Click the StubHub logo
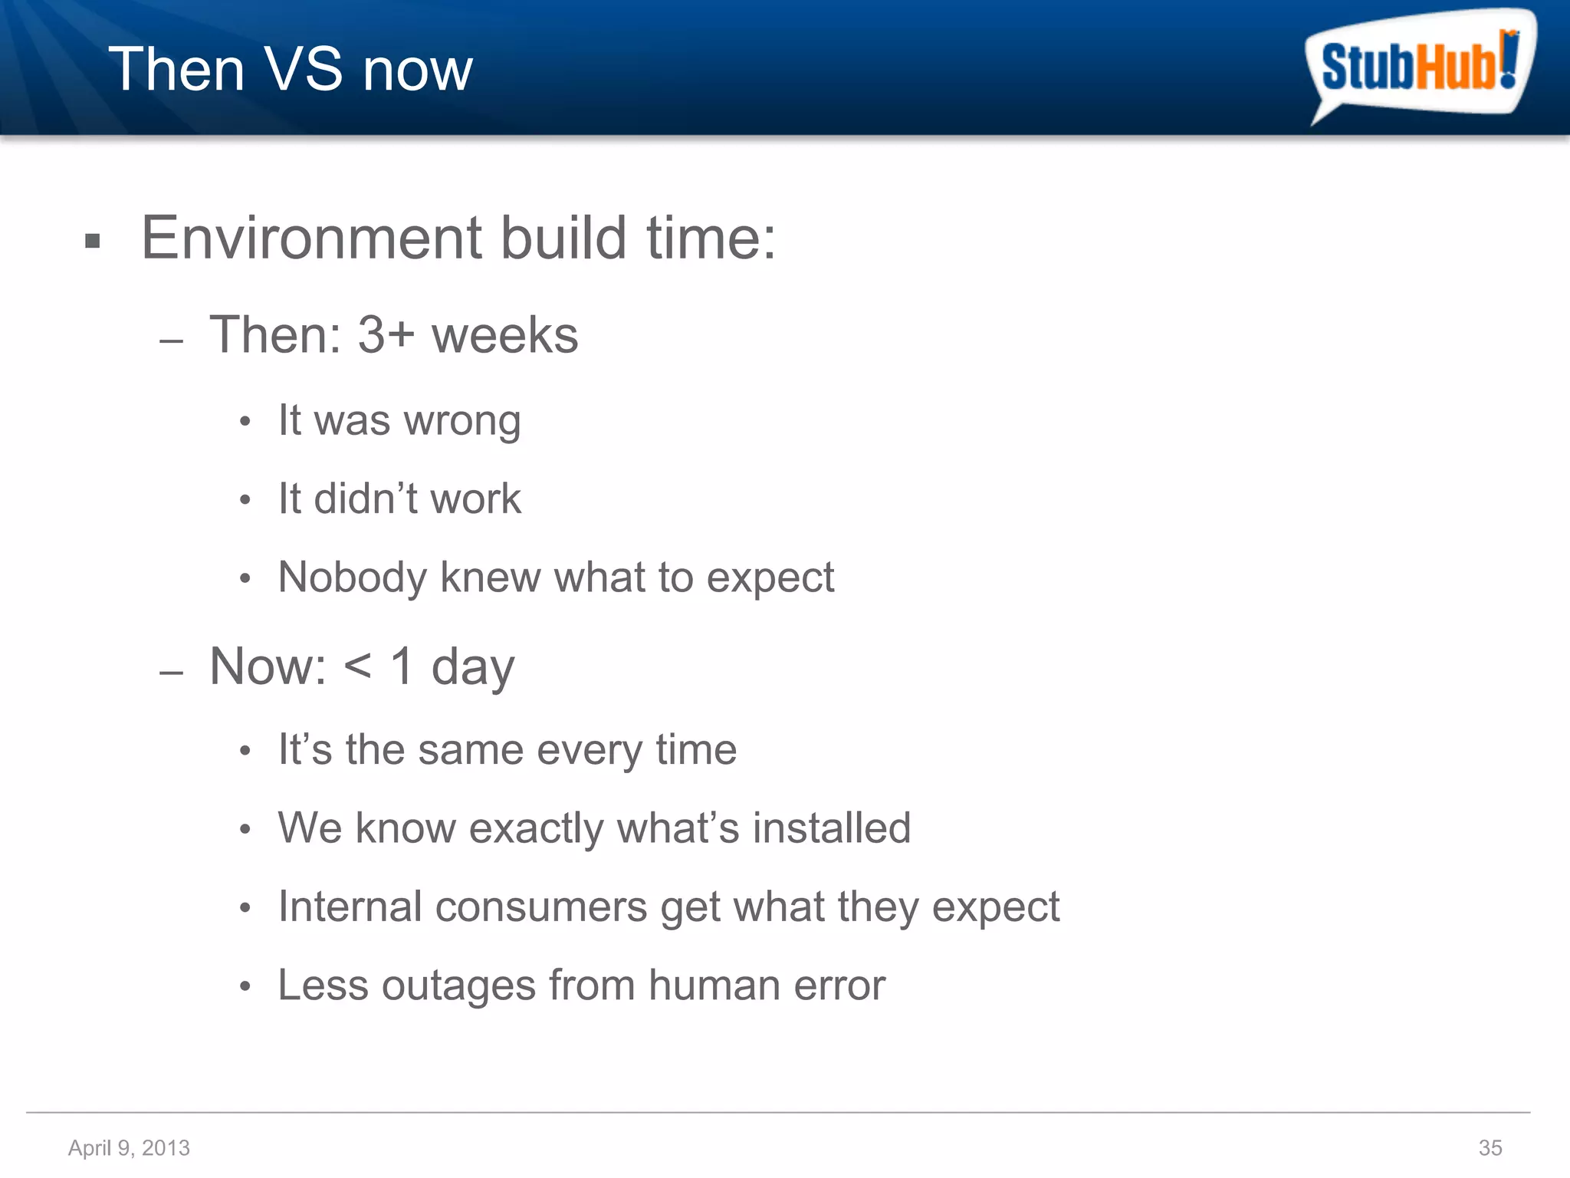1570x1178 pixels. [x=1420, y=66]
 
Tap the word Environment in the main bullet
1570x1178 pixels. [x=311, y=238]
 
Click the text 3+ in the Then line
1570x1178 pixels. [x=386, y=335]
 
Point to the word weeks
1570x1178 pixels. [x=504, y=335]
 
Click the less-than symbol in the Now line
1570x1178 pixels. [x=357, y=666]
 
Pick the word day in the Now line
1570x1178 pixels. [x=472, y=667]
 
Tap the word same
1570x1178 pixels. [x=471, y=749]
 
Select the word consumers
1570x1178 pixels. [x=540, y=907]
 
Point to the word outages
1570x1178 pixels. [x=458, y=986]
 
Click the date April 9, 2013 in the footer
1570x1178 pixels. [x=129, y=1147]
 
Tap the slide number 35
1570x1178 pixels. [x=1490, y=1147]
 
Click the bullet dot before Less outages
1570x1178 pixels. [x=245, y=986]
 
